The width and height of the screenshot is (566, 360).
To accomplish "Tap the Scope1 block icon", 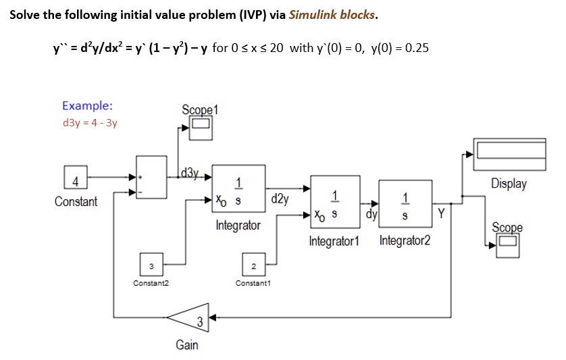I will (201, 128).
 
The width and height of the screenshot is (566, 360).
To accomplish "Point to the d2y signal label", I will (280, 199).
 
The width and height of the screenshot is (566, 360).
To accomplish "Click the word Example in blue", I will (87, 105).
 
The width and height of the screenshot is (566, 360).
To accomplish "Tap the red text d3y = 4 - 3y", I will (89, 123).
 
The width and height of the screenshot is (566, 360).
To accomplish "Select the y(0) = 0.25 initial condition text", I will (401, 49).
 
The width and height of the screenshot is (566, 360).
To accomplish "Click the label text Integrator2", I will (405, 241).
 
